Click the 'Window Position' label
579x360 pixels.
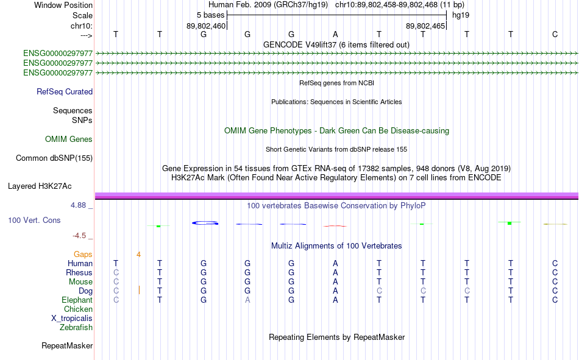63,5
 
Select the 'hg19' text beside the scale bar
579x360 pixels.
461,15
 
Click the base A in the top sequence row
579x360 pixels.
335,34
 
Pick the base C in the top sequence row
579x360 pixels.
555,34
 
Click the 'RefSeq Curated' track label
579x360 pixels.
65,91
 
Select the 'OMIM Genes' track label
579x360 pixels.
69,139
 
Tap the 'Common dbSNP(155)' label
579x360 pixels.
54,158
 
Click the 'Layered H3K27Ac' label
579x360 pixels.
40,186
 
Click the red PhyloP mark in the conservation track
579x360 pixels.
335,226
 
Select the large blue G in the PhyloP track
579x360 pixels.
205,223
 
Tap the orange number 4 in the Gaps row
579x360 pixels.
138,255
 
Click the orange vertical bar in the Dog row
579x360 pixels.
139,290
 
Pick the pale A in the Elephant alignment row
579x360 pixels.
247,300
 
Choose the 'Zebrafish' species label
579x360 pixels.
76,328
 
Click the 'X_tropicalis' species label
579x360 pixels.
72,319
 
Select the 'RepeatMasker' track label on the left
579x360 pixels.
67,346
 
